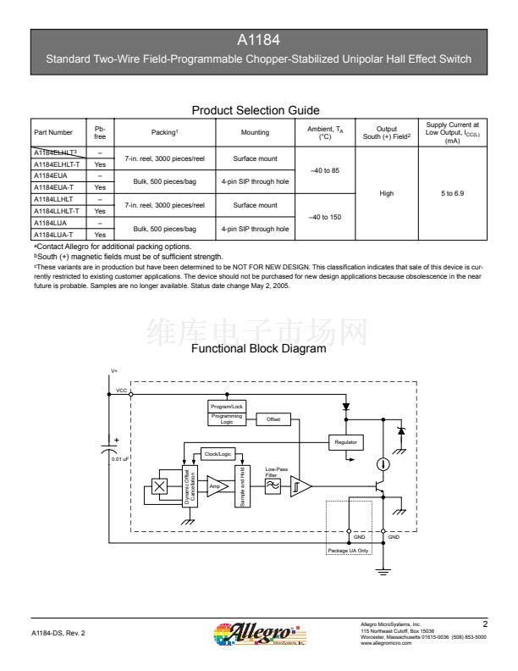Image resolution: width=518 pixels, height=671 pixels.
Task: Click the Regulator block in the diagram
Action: click(345, 442)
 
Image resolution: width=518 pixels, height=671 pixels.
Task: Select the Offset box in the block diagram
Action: click(273, 419)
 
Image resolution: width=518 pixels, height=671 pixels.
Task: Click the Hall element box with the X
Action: click(158, 486)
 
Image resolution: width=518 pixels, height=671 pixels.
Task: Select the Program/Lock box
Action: click(227, 407)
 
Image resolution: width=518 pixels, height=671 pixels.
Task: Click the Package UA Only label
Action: click(350, 550)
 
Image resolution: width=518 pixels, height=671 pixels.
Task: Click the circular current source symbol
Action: click(383, 463)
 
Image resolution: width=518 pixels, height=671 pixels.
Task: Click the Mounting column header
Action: click(254, 132)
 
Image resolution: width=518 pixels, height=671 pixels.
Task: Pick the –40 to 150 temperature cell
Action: click(324, 216)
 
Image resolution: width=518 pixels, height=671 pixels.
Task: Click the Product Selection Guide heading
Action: click(258, 110)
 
